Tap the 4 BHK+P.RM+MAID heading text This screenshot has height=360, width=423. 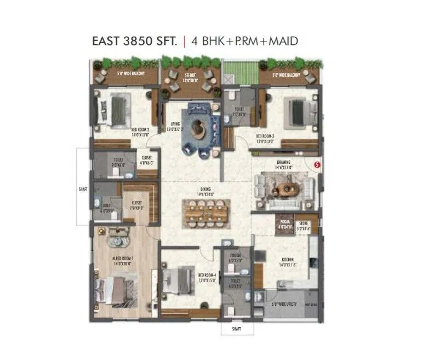pyautogui.click(x=244, y=41)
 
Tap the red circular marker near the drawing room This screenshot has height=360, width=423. pyautogui.click(x=316, y=163)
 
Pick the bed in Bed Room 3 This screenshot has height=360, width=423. pyautogui.click(x=299, y=112)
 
